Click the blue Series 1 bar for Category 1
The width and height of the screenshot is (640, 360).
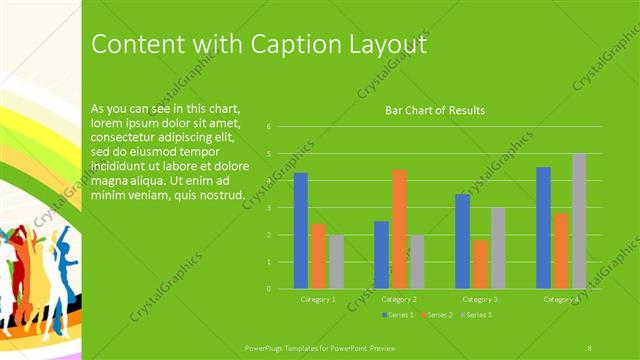(x=301, y=231)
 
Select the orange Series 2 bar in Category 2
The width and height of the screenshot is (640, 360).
(x=399, y=229)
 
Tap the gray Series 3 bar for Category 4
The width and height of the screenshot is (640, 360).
(x=579, y=221)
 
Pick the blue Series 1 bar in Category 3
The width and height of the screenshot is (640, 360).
(x=462, y=241)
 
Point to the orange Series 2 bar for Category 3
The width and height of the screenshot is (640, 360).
(x=480, y=264)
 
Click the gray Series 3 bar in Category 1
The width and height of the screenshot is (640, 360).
(x=336, y=262)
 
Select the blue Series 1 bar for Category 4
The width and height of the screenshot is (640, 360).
(x=543, y=228)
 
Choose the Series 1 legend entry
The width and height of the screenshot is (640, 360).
(x=398, y=314)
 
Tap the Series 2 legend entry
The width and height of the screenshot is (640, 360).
(x=437, y=314)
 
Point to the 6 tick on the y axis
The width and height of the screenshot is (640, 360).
(x=269, y=127)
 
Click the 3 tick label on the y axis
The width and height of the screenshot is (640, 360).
(x=269, y=208)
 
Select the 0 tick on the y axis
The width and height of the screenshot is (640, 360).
(x=269, y=289)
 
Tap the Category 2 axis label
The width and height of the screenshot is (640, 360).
(x=399, y=300)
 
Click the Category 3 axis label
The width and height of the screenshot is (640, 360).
(x=480, y=300)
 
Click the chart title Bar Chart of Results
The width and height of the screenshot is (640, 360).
(x=435, y=110)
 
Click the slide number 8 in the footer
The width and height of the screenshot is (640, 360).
(x=590, y=347)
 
